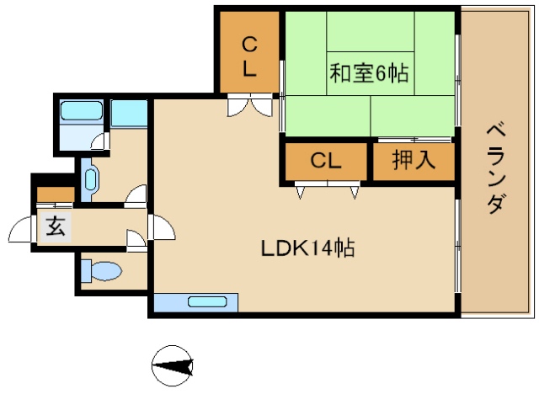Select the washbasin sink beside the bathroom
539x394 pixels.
tap(90, 178)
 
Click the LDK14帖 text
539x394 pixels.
tap(306, 248)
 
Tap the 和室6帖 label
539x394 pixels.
tap(368, 73)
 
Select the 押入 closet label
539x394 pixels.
tap(414, 160)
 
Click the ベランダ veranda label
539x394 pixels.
tap(497, 168)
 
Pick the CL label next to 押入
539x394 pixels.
tap(325, 161)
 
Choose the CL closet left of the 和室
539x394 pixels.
tap(249, 56)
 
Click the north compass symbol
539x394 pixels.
tap(173, 366)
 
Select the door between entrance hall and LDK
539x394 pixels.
tap(160, 226)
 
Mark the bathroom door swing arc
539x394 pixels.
tap(100, 141)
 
